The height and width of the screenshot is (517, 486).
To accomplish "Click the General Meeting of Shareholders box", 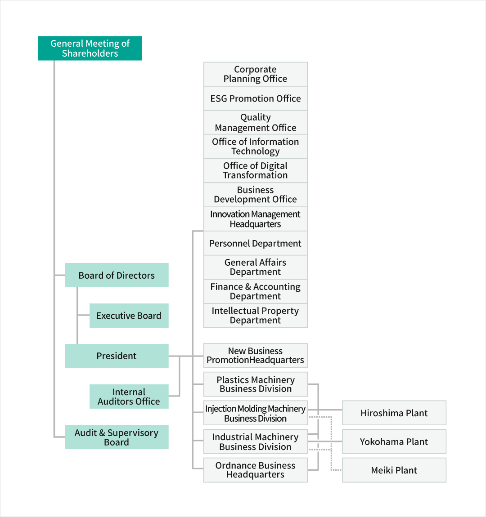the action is click(90, 48).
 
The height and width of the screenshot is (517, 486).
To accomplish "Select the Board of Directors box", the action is click(117, 275).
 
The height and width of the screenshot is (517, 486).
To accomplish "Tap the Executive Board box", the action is click(129, 316).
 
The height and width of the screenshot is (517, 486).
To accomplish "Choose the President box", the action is click(117, 356).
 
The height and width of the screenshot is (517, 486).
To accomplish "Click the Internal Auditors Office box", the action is click(129, 397).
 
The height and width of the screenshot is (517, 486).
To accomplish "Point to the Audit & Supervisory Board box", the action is click(117, 437).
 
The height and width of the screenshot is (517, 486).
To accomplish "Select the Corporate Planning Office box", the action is click(255, 74).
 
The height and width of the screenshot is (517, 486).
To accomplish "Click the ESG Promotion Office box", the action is click(255, 98).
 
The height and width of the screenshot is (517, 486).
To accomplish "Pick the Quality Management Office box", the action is click(255, 122).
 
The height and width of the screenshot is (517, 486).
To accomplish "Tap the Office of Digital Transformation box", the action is click(255, 170).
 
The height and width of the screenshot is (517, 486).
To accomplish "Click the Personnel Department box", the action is click(255, 243).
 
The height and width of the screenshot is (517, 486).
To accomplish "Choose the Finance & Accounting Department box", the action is click(255, 291).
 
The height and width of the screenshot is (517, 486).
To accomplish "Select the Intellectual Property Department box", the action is click(255, 316).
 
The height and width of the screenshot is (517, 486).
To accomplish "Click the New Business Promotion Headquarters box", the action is click(255, 356).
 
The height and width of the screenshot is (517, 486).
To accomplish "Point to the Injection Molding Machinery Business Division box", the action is click(255, 413).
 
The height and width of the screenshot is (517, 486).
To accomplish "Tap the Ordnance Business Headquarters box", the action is click(255, 470).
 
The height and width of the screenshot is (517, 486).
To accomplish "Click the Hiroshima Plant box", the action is click(394, 413).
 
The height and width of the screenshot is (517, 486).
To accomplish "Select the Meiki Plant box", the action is click(394, 470).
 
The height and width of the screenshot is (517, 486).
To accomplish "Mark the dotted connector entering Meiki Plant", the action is click(331, 443).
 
